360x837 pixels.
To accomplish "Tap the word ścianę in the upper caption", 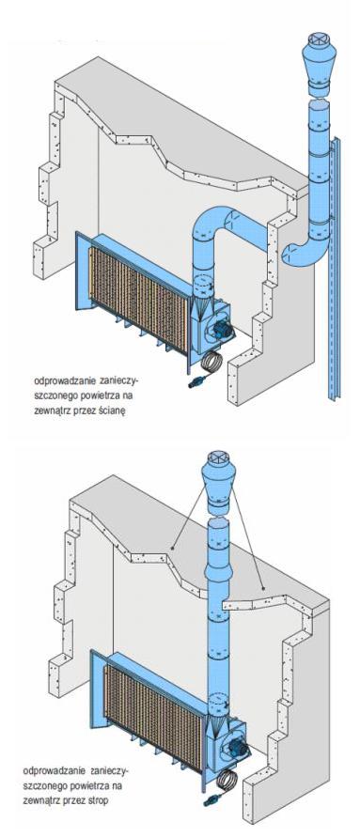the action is (113, 411).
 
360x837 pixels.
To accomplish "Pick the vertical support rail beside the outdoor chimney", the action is (334, 267).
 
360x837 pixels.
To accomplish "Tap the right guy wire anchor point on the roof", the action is (263, 588).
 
